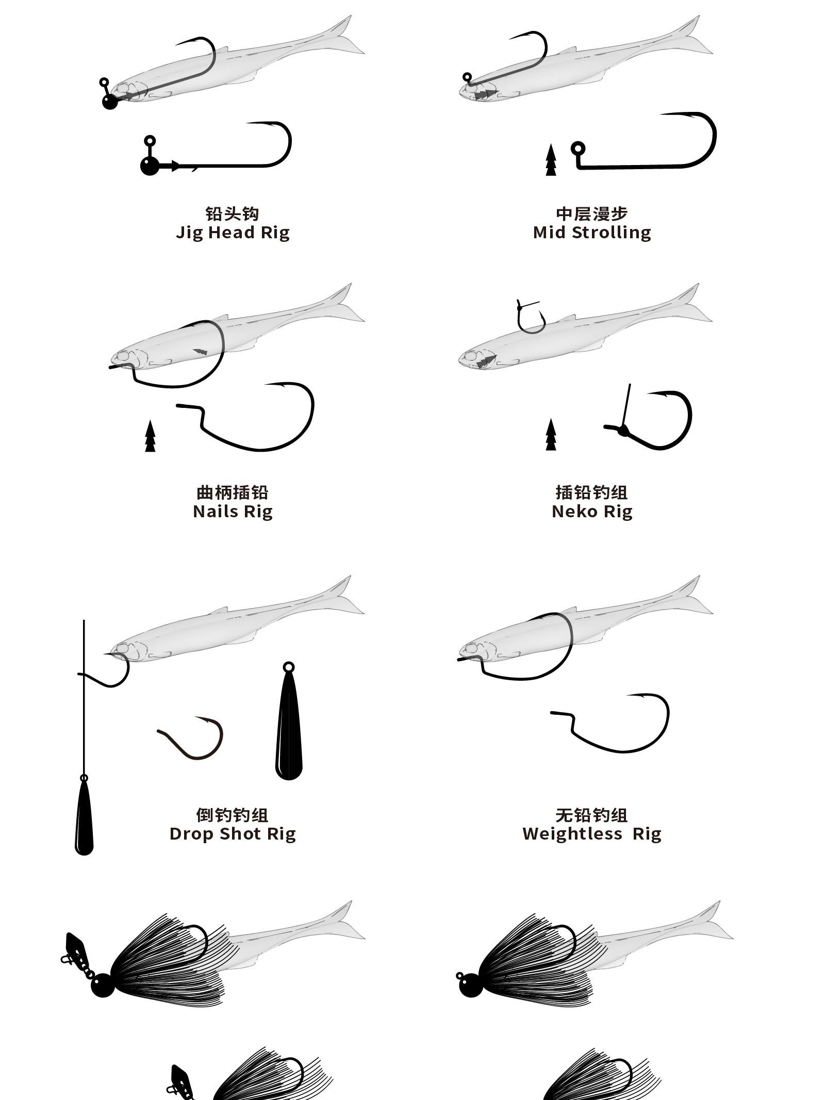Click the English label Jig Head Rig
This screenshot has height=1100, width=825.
tap(233, 233)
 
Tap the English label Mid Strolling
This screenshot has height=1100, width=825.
tap(592, 233)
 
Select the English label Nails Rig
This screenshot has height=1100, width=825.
tap(233, 512)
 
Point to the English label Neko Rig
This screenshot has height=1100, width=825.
tap(592, 512)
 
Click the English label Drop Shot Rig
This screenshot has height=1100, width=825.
tap(233, 834)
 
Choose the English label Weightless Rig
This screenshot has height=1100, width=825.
tap(592, 834)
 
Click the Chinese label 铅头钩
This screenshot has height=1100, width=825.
tap(233, 214)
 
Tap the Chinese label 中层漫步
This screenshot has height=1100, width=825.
tap(592, 214)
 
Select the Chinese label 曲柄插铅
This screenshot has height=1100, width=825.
tap(233, 492)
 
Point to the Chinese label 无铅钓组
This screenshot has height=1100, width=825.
tap(592, 815)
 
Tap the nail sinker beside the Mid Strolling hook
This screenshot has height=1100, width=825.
tap(551, 160)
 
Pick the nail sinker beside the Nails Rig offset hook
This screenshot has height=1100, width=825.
tap(150, 436)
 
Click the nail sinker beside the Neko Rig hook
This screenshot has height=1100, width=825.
tap(551, 435)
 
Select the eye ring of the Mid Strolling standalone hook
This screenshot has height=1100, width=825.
tap(578, 149)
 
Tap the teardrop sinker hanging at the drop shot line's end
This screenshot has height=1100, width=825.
tap(85, 815)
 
